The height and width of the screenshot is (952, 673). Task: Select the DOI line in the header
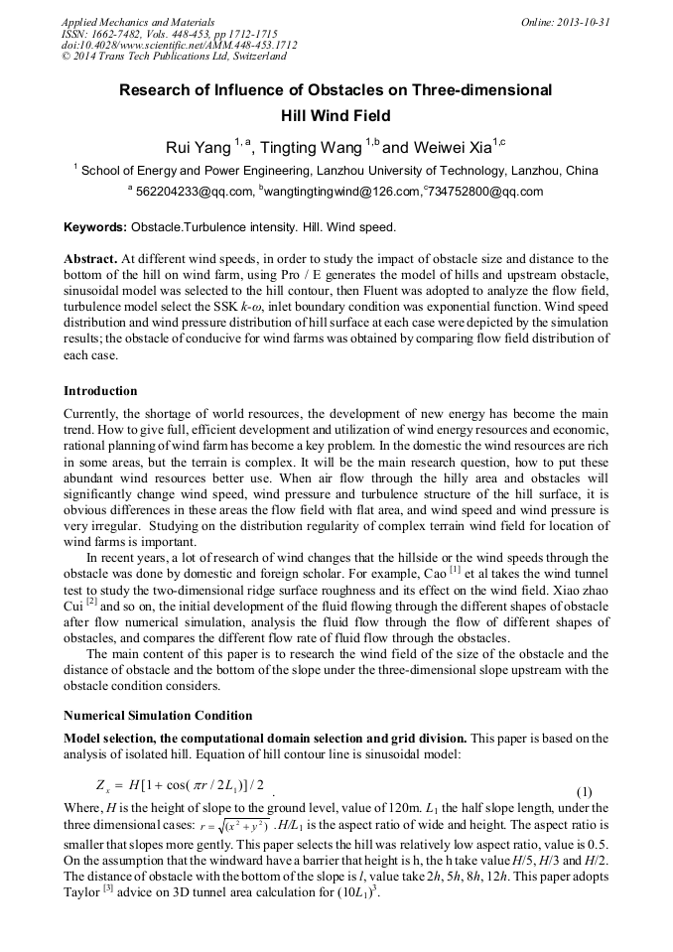179,46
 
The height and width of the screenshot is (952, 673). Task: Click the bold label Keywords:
95,227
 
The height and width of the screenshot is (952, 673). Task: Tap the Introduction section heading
100,391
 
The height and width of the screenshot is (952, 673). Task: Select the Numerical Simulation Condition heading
158,715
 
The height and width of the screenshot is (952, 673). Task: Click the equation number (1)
585,791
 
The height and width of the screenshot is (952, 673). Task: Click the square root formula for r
236,826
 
